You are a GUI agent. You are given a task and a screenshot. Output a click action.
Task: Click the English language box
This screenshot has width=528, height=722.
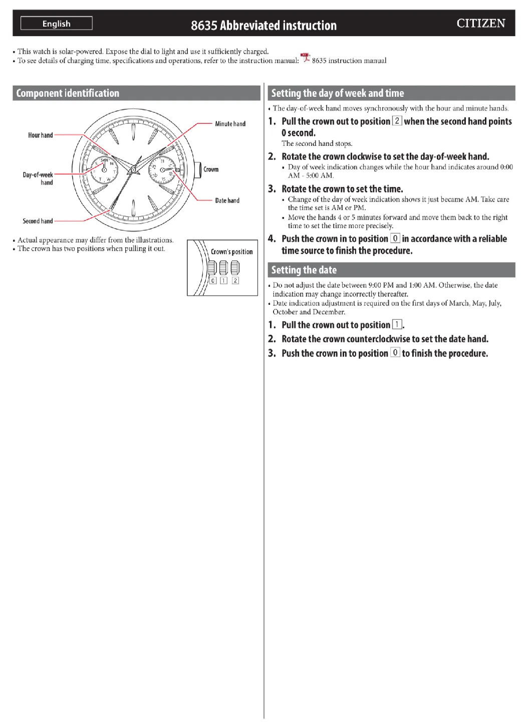pyautogui.click(x=57, y=24)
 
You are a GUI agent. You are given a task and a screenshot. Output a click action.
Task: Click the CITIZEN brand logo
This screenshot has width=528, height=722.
pyautogui.click(x=480, y=24)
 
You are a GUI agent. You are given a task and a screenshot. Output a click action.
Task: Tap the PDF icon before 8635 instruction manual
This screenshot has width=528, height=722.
pyautogui.click(x=305, y=59)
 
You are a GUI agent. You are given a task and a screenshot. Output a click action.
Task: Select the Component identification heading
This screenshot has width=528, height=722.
pyautogui.click(x=68, y=93)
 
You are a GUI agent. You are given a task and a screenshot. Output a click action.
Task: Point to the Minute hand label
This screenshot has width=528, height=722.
pyautogui.click(x=230, y=124)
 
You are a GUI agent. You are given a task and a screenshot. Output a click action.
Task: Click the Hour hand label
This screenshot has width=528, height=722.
pyautogui.click(x=41, y=135)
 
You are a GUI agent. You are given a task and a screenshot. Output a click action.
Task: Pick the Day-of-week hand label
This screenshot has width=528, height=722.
pyautogui.click(x=38, y=178)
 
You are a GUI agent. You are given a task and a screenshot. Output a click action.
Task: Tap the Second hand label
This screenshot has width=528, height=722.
pyautogui.click(x=38, y=221)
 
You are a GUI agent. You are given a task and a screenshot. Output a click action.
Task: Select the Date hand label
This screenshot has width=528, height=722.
pyautogui.click(x=227, y=201)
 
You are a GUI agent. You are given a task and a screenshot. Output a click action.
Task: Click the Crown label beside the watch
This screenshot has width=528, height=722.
pyautogui.click(x=211, y=169)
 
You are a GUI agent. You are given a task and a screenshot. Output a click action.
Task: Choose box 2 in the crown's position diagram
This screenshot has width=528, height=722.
pyautogui.click(x=235, y=281)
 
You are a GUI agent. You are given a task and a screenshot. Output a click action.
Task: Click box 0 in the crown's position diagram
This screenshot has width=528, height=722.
pyautogui.click(x=213, y=281)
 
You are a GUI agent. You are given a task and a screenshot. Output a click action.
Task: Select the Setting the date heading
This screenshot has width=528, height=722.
pyautogui.click(x=304, y=270)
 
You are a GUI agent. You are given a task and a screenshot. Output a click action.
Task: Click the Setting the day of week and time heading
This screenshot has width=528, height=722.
pyautogui.click(x=338, y=93)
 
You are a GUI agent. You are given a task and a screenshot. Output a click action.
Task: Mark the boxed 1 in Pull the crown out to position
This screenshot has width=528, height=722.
pyautogui.click(x=397, y=324)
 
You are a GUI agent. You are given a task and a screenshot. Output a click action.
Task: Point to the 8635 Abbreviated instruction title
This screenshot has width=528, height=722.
pyautogui.click(x=263, y=26)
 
